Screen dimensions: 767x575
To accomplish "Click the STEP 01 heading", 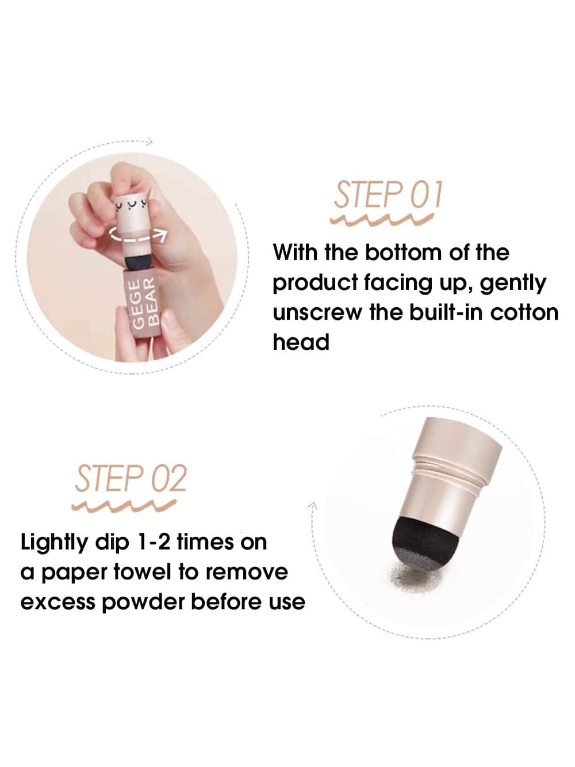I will coord(388,194).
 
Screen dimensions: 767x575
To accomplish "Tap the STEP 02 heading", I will coord(131,479).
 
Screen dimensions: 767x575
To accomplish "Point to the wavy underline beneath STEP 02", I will coord(124,506).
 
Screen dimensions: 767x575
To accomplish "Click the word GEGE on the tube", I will coord(137,304).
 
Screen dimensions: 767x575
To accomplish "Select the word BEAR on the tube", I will coord(151,302).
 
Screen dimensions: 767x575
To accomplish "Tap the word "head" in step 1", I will coord(301,342).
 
